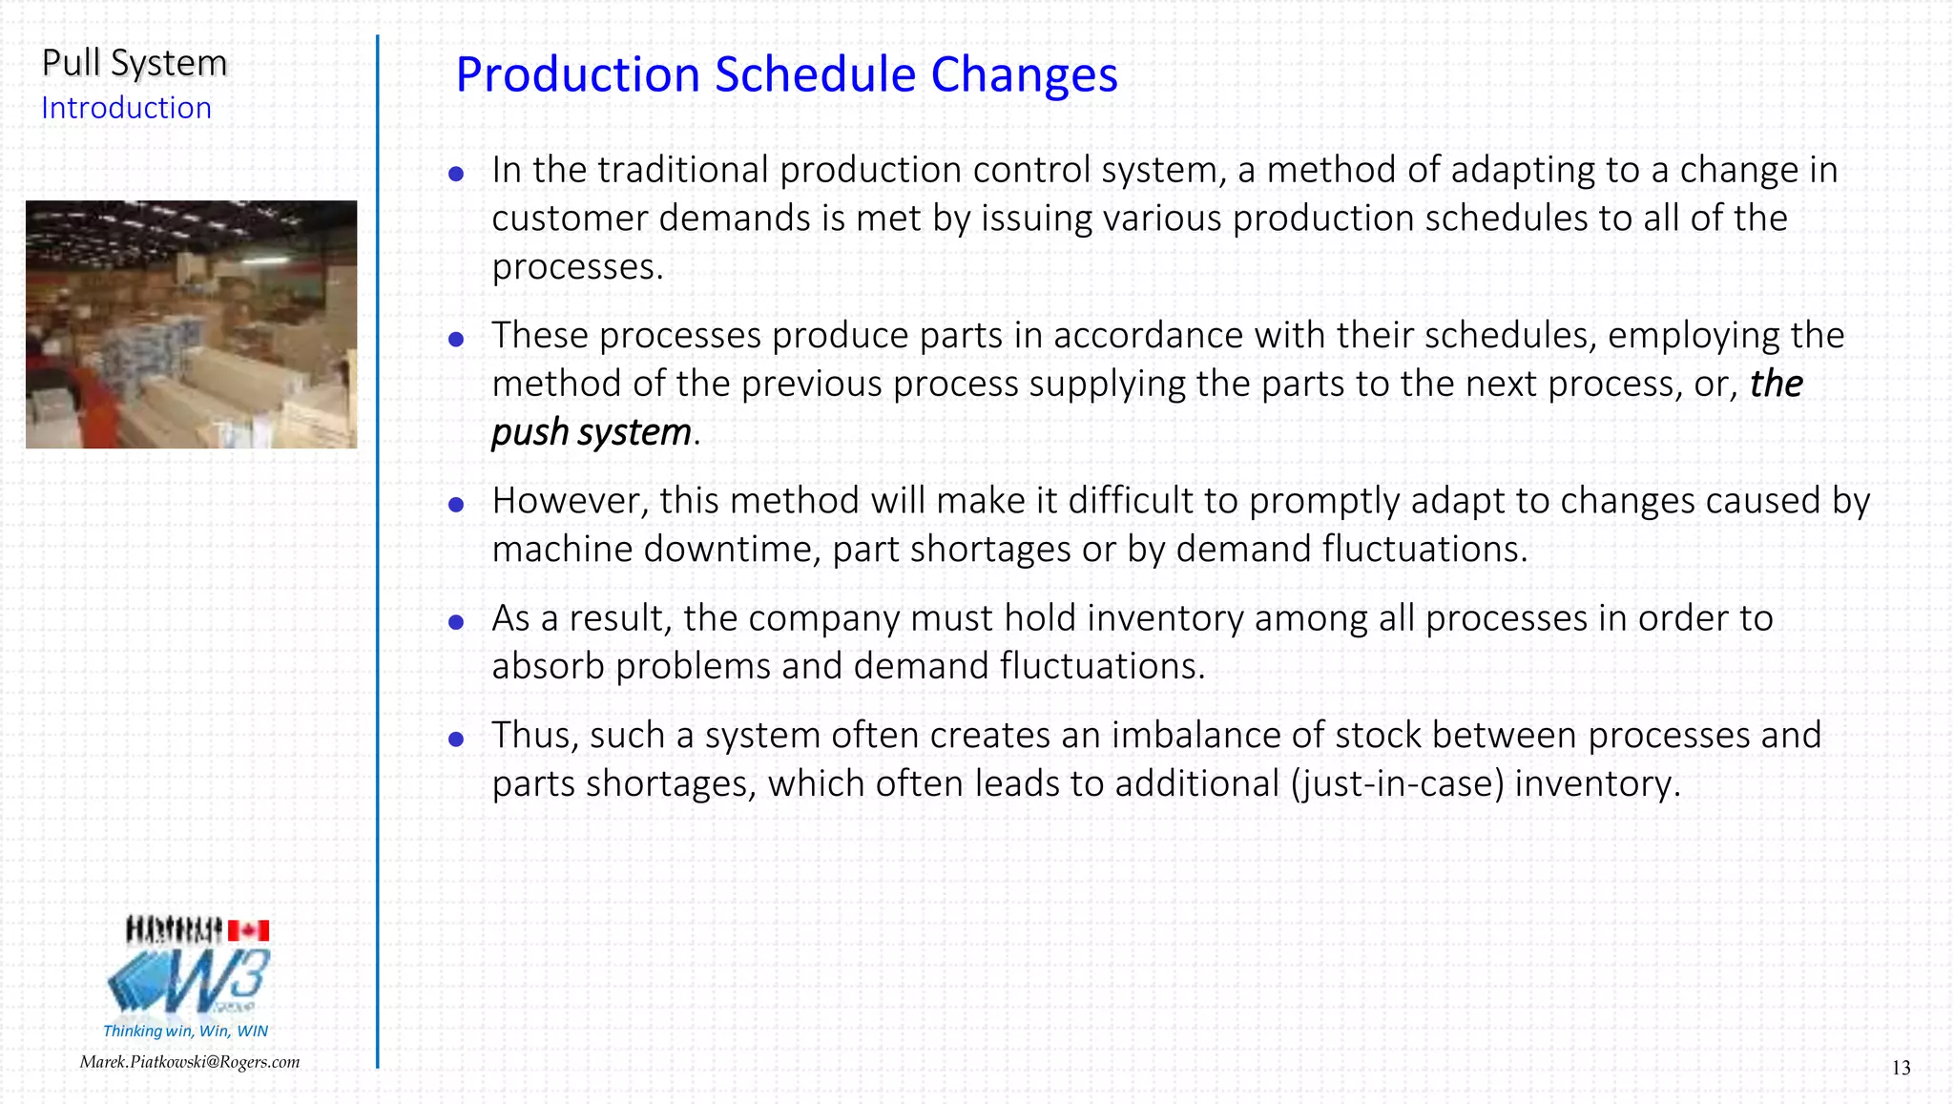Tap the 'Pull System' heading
coord(135,63)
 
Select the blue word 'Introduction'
coord(126,108)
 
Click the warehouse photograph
coord(191,324)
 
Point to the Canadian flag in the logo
coord(248,930)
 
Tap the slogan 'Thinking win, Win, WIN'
coord(185,1031)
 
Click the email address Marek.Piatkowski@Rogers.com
coord(189,1062)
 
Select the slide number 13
coord(1901,1068)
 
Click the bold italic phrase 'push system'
coord(592,432)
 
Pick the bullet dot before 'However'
coord(456,505)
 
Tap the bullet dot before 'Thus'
coord(456,739)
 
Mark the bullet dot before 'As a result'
coord(456,622)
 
